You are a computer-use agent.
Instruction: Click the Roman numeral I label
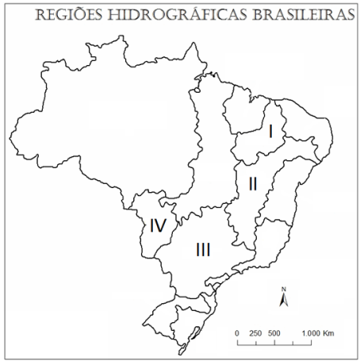tap(271, 132)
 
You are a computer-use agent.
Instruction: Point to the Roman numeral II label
tap(252, 183)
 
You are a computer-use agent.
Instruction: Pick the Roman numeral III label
tap(203, 250)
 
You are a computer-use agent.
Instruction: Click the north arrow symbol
tap(283, 299)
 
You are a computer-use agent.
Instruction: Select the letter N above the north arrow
tap(283, 287)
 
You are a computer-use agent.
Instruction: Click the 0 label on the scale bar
tap(237, 332)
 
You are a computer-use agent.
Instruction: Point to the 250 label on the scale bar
tap(255, 332)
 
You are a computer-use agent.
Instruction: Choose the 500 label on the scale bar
tap(274, 332)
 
